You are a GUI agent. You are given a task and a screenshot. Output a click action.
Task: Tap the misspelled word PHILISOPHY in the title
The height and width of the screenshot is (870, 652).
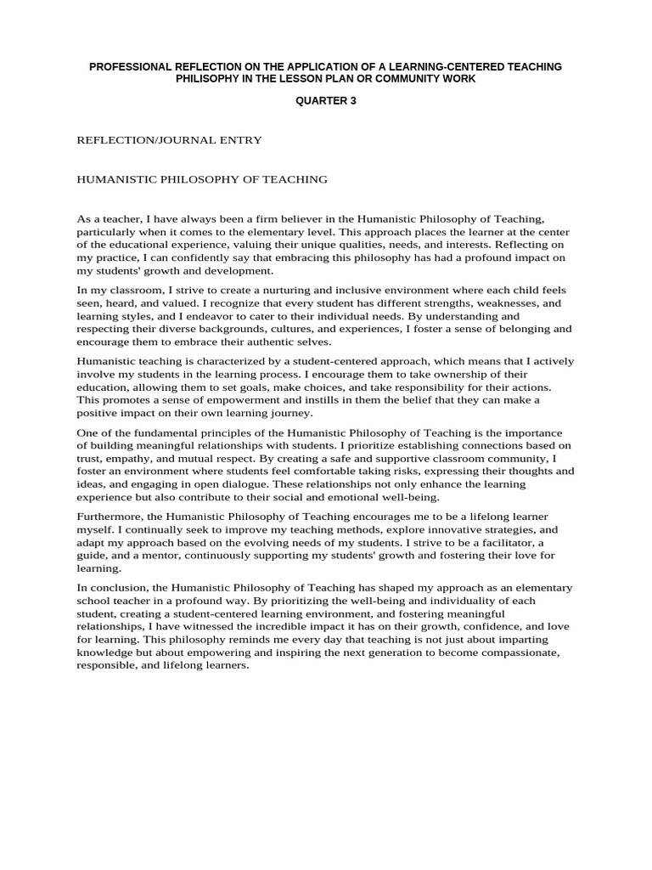click(x=211, y=78)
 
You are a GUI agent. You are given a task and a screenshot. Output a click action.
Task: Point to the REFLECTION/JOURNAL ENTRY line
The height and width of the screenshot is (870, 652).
click(x=169, y=140)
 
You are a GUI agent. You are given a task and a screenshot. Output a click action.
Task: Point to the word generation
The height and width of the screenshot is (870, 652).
click(x=395, y=652)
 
